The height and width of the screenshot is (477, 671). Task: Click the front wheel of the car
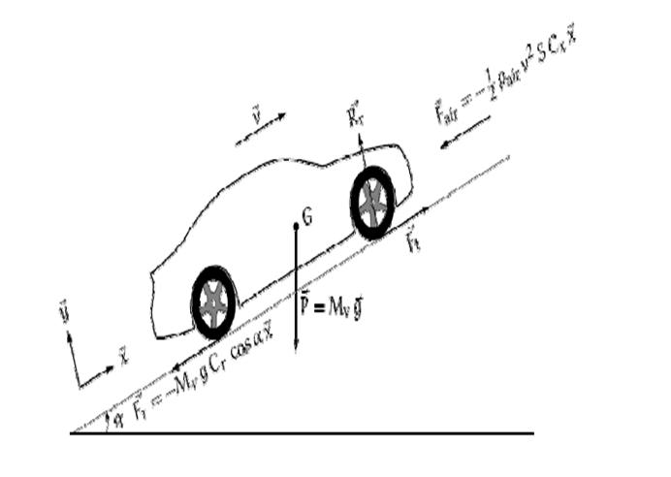pos(372,204)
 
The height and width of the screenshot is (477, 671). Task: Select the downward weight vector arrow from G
pos(295,291)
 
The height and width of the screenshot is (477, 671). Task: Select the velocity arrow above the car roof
pos(262,130)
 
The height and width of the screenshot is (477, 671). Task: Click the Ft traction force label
pos(411,238)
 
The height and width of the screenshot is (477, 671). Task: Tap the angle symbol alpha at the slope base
pos(117,419)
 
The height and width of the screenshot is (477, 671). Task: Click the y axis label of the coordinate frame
pos(64,313)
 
